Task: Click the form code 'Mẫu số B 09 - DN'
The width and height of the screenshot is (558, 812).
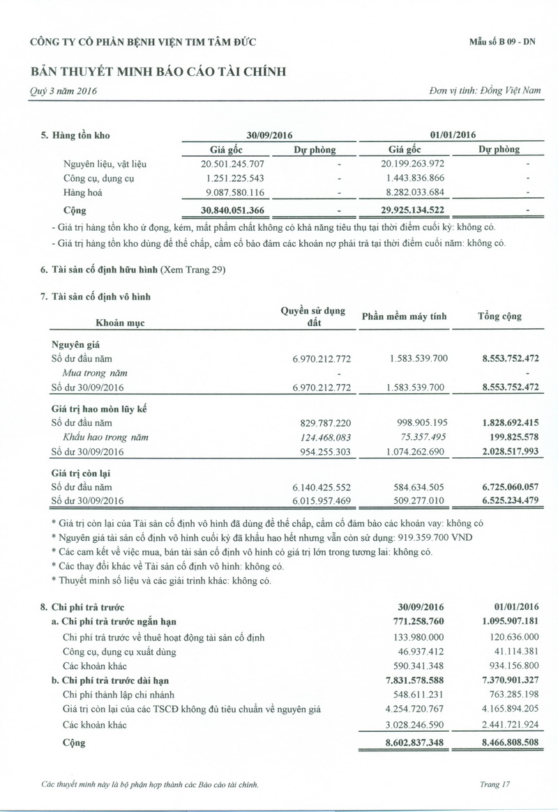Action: tap(503, 42)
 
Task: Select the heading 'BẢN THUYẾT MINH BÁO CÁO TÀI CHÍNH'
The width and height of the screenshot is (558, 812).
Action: tap(158, 72)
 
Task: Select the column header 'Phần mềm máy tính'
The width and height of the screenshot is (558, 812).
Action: tap(404, 317)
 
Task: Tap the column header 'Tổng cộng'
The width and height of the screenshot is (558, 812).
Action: tap(499, 317)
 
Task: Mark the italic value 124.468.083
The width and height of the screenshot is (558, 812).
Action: tap(322, 438)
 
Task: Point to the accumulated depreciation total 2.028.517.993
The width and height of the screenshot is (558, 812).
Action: tap(501, 452)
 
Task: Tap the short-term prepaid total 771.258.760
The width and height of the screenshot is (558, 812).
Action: tap(414, 622)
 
